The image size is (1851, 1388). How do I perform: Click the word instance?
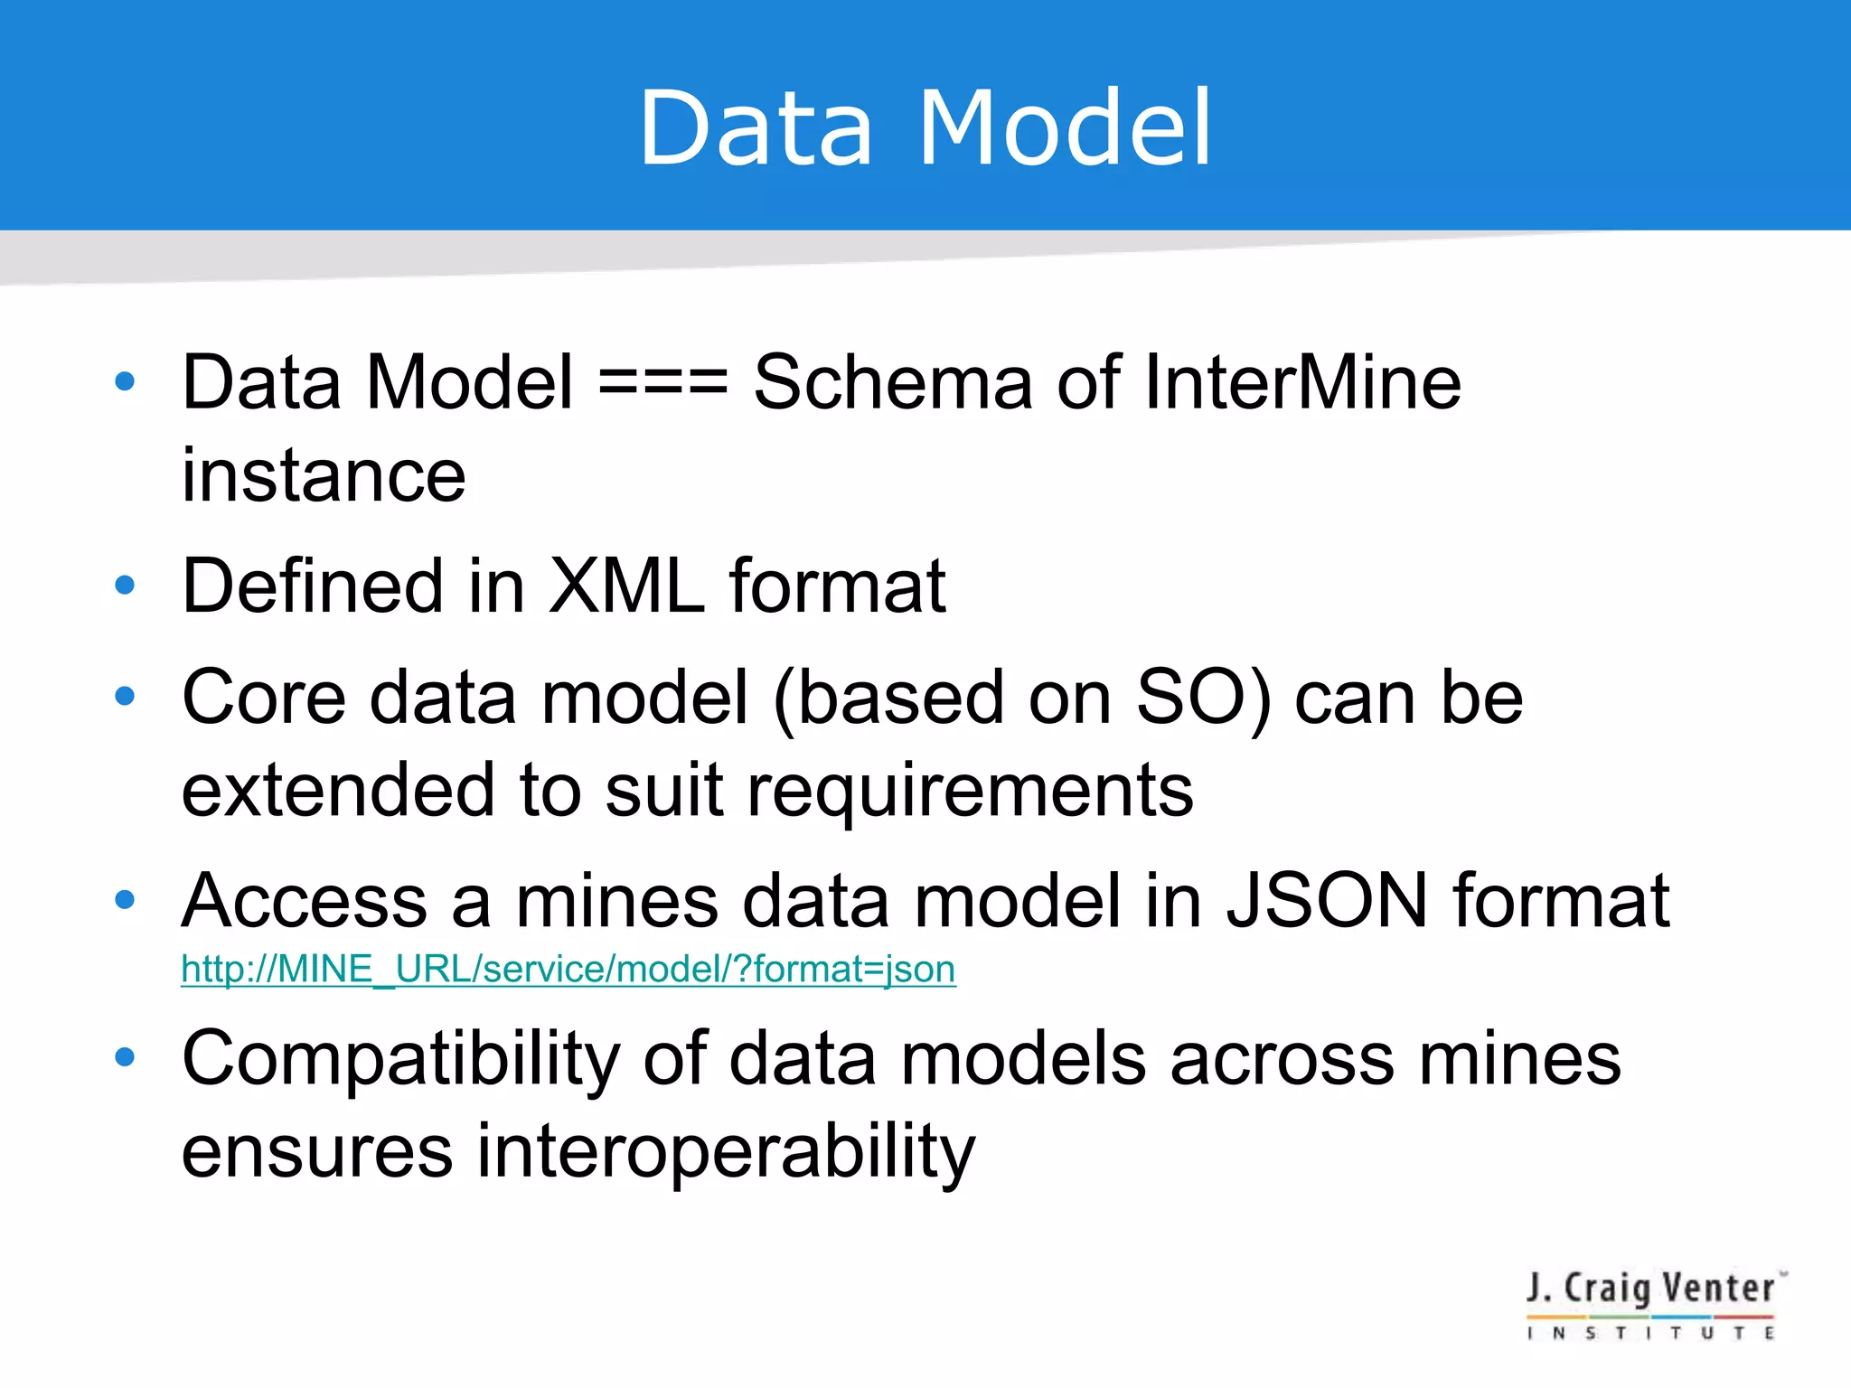[x=324, y=476]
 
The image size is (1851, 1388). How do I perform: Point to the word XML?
[x=626, y=586]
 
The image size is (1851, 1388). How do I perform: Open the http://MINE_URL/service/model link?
[x=568, y=970]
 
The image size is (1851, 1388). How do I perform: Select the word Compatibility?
[x=400, y=1059]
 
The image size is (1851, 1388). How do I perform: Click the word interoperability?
[x=726, y=1152]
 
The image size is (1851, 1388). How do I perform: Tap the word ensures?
[x=317, y=1152]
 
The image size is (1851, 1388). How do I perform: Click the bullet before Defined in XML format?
[x=125, y=586]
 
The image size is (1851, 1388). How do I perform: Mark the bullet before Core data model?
[x=125, y=696]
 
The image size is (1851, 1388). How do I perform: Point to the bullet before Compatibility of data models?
[x=125, y=1057]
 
